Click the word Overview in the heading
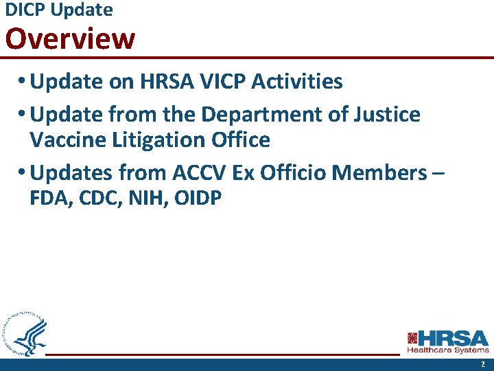point(70,39)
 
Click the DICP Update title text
point(58,10)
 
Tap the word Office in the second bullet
point(241,140)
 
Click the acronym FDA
point(49,199)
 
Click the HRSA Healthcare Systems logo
point(448,341)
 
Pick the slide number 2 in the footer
point(482,364)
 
